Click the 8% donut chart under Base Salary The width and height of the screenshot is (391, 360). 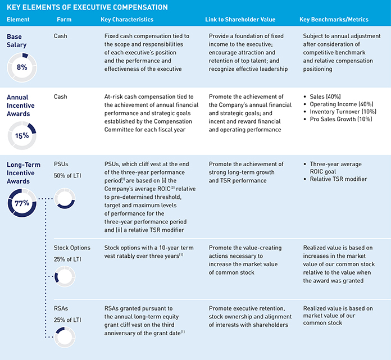[22, 67]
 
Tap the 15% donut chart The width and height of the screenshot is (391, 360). [22, 136]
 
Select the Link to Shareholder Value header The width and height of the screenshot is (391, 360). [243, 20]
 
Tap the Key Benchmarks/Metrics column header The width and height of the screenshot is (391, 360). [334, 20]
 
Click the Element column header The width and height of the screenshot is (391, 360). [19, 20]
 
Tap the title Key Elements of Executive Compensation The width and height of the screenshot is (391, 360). [87, 7]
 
